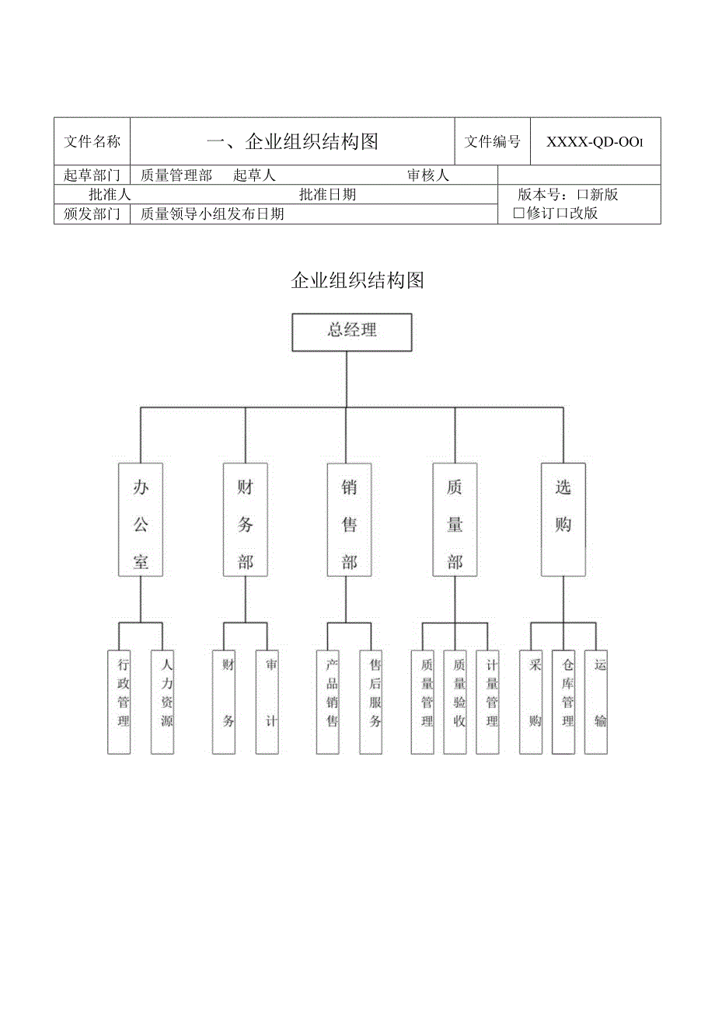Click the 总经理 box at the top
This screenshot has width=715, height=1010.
[351, 331]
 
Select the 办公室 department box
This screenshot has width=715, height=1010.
[141, 519]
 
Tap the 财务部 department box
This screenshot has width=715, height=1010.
[245, 519]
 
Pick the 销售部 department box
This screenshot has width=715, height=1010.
[350, 519]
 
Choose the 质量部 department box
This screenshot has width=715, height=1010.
[455, 519]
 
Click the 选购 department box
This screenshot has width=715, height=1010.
[563, 519]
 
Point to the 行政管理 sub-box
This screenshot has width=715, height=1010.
[119, 701]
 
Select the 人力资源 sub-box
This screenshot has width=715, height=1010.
[162, 701]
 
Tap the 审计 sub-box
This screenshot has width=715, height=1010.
[267, 701]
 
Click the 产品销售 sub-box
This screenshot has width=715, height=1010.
[327, 701]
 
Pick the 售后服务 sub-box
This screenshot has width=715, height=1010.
[371, 701]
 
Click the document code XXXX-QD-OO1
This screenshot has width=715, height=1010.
[595, 142]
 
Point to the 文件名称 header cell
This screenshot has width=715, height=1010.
[92, 141]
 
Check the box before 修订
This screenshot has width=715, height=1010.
[519, 213]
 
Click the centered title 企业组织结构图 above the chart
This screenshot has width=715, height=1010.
[357, 280]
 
